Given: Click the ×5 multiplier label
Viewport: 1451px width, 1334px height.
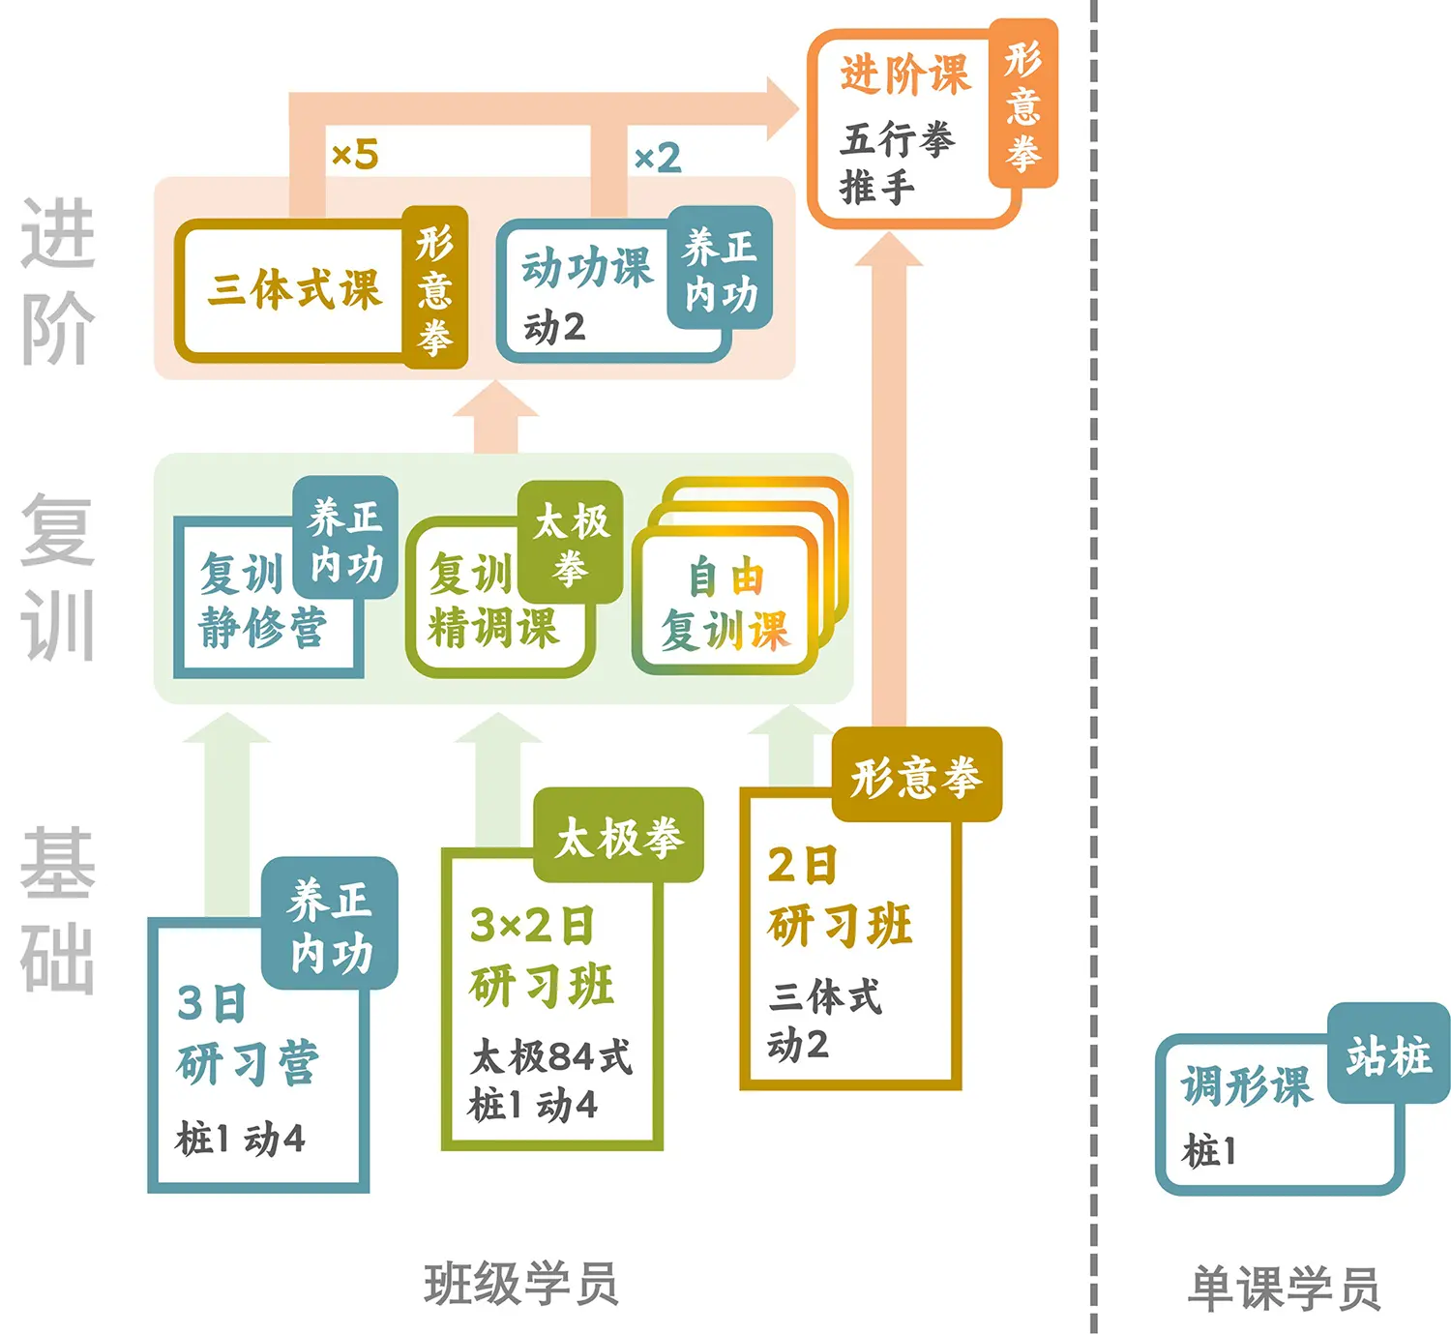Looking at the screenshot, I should (x=355, y=155).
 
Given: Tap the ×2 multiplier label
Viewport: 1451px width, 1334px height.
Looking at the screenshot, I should (x=658, y=158).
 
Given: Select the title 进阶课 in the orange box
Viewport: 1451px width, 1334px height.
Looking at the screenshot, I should (x=904, y=74).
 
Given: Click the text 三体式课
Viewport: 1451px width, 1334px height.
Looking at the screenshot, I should (x=295, y=289).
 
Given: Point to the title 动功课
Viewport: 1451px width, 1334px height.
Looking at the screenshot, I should (x=587, y=268).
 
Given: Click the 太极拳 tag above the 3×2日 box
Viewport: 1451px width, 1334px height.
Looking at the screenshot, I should (x=619, y=838).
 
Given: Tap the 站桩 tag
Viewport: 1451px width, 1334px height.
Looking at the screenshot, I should (x=1389, y=1055).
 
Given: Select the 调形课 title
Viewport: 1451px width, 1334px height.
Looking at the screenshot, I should (x=1247, y=1085).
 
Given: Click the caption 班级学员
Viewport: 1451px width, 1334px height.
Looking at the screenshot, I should (x=521, y=1285).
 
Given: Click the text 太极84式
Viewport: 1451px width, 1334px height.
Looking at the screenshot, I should (x=551, y=1057).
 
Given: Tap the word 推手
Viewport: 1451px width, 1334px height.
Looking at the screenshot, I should (x=877, y=187).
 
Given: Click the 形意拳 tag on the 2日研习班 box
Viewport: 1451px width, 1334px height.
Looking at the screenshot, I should (x=916, y=777).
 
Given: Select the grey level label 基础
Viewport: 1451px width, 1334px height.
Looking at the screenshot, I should (x=58, y=909).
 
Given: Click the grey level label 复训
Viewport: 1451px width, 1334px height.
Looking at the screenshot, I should (x=58, y=577).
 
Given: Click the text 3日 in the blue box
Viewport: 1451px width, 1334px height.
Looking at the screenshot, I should (x=212, y=1004).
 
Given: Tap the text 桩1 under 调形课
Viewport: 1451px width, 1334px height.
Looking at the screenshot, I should (x=1209, y=1151).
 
